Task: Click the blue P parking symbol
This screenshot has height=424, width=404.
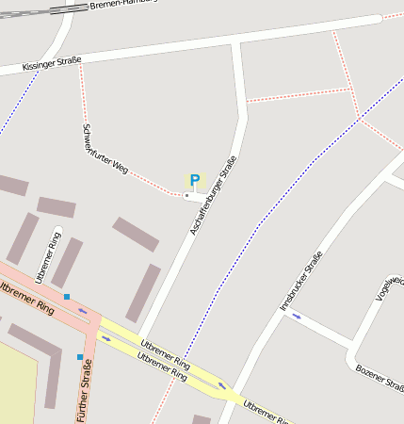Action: (195, 180)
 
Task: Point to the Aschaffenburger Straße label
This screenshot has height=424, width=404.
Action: (213, 195)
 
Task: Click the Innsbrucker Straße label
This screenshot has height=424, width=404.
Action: (301, 281)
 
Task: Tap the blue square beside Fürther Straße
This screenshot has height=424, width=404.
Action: (80, 356)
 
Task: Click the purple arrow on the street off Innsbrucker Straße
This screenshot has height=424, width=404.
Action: (297, 317)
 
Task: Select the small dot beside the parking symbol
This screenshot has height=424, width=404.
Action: (186, 196)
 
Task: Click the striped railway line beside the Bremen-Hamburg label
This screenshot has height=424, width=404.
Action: (38, 12)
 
